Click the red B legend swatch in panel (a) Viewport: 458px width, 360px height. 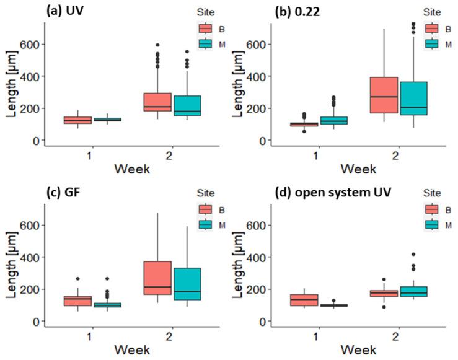pyautogui.click(x=206, y=29)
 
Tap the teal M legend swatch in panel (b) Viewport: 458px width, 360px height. pyautogui.click(x=431, y=43)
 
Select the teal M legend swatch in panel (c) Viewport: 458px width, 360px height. pyautogui.click(x=206, y=224)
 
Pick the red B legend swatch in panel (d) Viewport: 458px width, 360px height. pyautogui.click(x=431, y=209)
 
